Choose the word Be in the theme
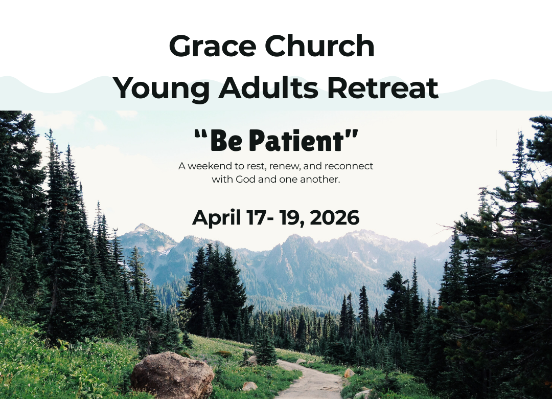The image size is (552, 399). click(x=225, y=141)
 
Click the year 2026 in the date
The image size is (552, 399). click(x=335, y=218)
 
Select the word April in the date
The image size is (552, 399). click(x=216, y=218)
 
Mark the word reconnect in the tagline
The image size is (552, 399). click(x=349, y=166)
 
